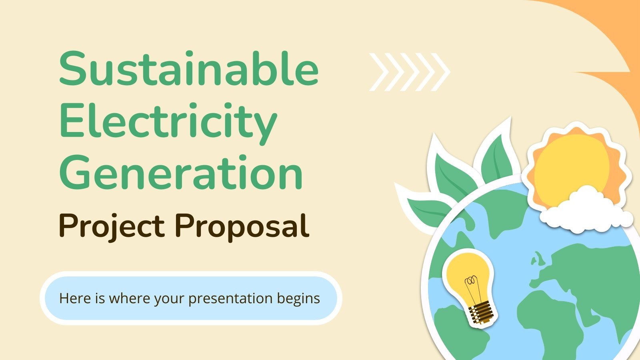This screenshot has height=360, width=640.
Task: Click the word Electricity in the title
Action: point(168,120)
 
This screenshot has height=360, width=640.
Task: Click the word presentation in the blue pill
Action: point(230,299)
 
